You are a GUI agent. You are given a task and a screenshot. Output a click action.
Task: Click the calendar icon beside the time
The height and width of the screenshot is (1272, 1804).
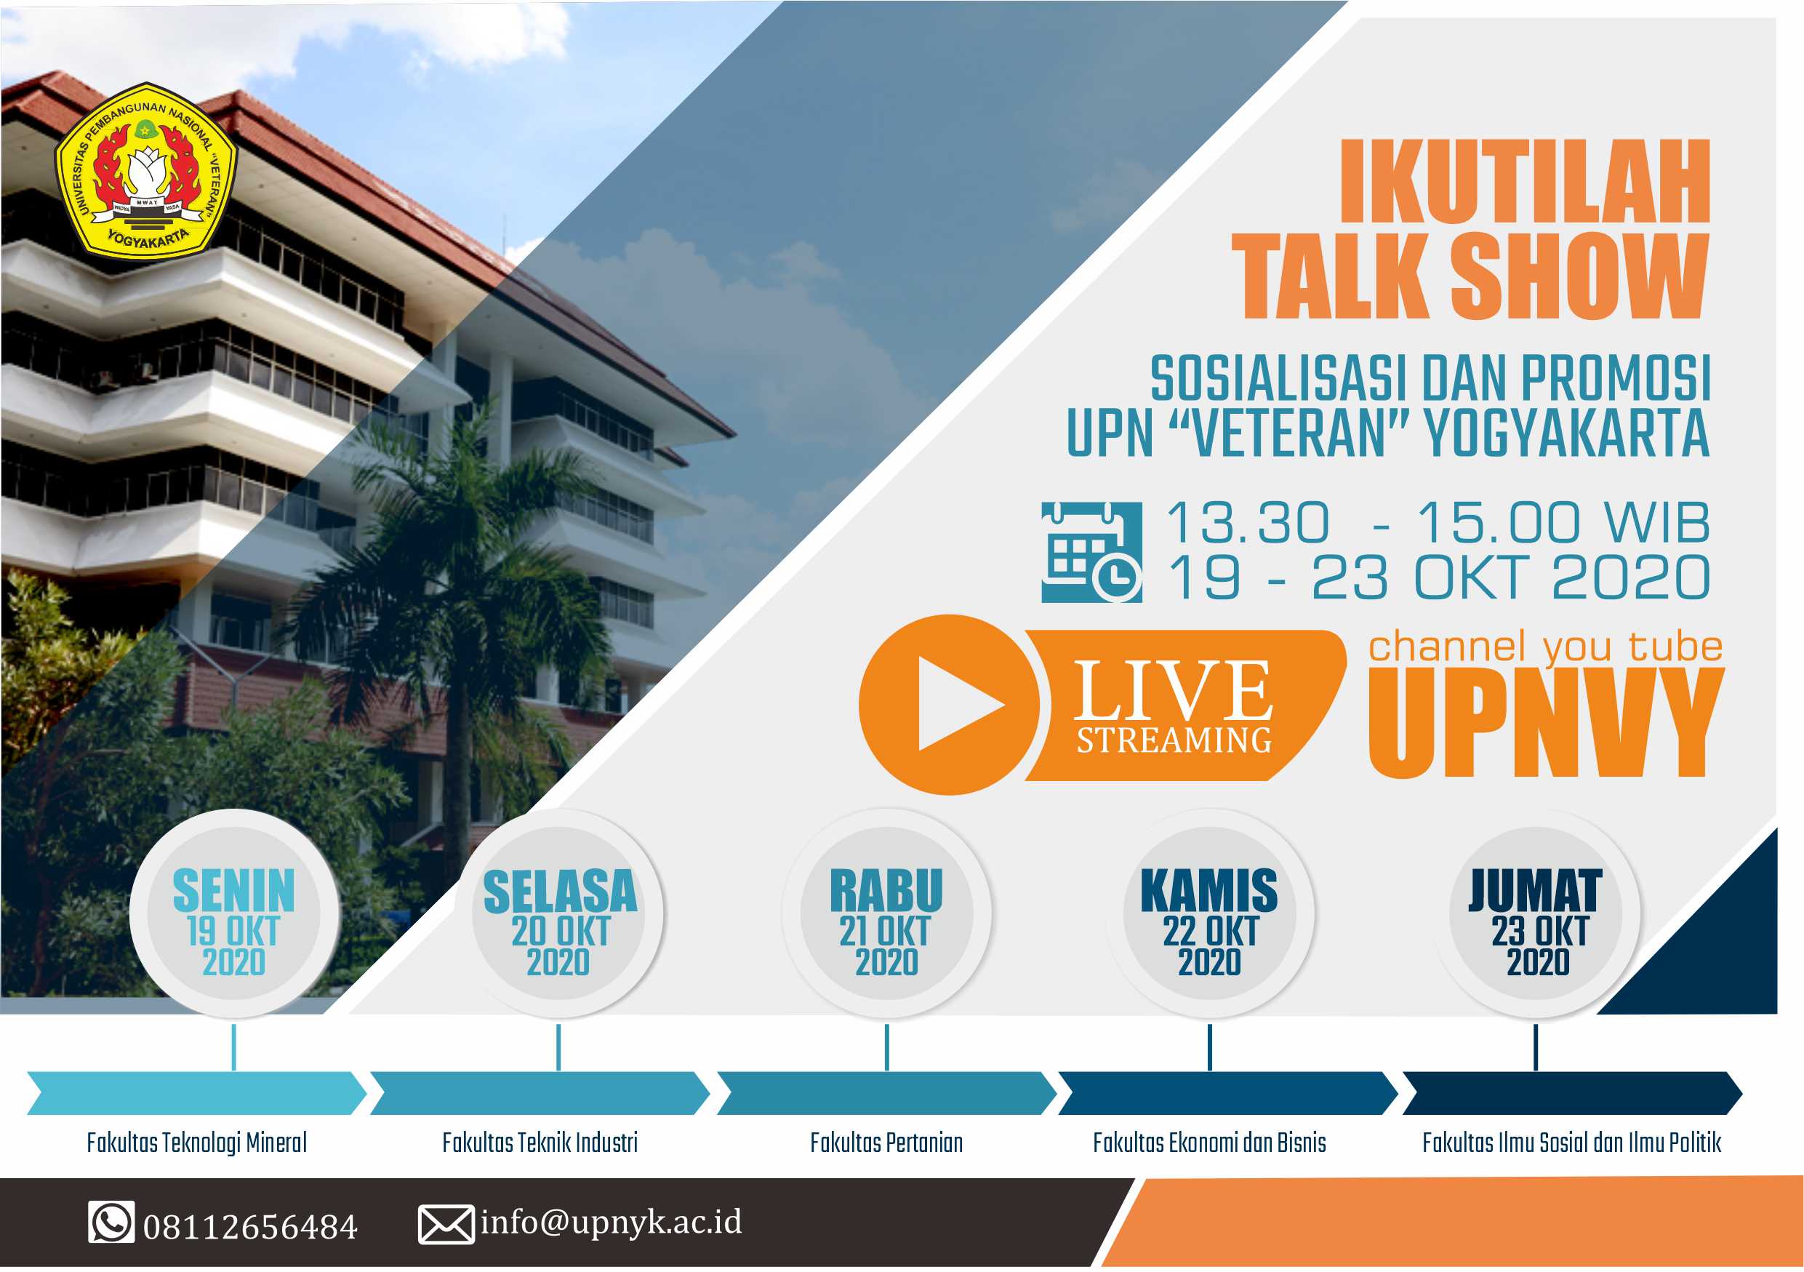click(x=1091, y=551)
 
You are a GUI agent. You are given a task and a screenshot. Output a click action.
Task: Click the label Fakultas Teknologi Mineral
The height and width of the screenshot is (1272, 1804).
click(x=196, y=1143)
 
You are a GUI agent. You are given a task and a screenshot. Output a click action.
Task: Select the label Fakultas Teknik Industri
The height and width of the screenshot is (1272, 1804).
click(x=540, y=1143)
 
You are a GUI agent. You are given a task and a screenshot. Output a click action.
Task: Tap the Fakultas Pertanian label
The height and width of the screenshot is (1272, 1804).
click(x=886, y=1143)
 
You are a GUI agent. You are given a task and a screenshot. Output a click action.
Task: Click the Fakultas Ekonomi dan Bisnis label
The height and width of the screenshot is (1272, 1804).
click(x=1209, y=1143)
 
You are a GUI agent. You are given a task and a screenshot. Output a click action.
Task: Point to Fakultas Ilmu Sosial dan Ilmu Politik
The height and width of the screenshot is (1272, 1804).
click(x=1571, y=1143)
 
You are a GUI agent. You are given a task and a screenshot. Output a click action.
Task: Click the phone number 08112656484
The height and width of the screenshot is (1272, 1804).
click(x=250, y=1226)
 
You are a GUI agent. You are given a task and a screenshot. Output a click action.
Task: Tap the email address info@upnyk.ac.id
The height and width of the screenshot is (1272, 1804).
click(x=611, y=1222)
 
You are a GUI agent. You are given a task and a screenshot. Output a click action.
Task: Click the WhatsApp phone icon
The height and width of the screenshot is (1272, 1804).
click(x=111, y=1223)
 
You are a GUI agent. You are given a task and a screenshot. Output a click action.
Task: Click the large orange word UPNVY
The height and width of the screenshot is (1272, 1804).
click(x=1544, y=723)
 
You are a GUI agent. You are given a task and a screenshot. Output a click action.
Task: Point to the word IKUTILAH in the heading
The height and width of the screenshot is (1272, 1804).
click(x=1524, y=182)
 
